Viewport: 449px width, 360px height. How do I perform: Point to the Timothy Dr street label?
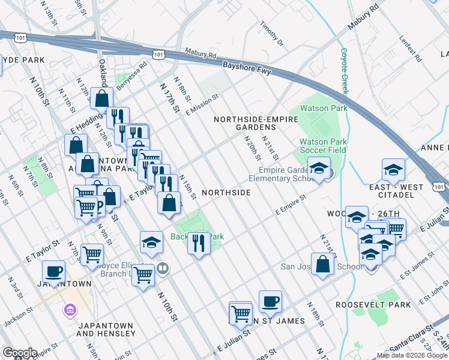(271, 35)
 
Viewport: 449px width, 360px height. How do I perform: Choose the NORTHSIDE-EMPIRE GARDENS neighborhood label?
(256, 123)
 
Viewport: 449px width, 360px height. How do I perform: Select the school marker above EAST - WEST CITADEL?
(393, 170)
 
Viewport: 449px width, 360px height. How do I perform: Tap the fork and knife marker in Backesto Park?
(199, 243)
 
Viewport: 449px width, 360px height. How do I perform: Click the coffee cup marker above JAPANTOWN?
(55, 271)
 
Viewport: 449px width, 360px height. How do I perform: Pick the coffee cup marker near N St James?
(270, 301)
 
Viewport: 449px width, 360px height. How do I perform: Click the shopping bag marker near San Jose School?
(323, 263)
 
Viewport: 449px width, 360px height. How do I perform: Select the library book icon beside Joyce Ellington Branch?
(162, 268)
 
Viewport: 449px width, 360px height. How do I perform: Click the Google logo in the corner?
(19, 353)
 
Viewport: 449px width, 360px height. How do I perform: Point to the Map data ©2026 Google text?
(412, 355)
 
